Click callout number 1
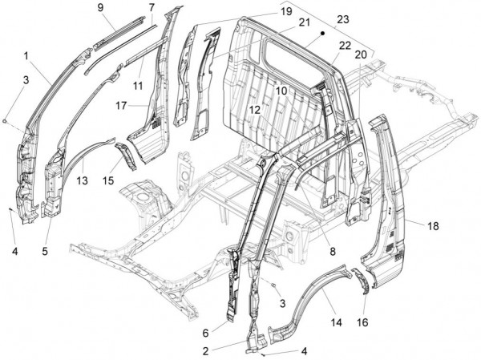pyautogui.click(x=26, y=55)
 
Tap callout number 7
pyautogui.click(x=151, y=7)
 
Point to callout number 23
pyautogui.click(x=343, y=18)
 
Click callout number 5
pyautogui.click(x=45, y=251)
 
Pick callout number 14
pyautogui.click(x=336, y=322)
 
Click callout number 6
pyautogui.click(x=206, y=333)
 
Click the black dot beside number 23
pyautogui.click(x=321, y=34)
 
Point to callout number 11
pyautogui.click(x=138, y=84)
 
